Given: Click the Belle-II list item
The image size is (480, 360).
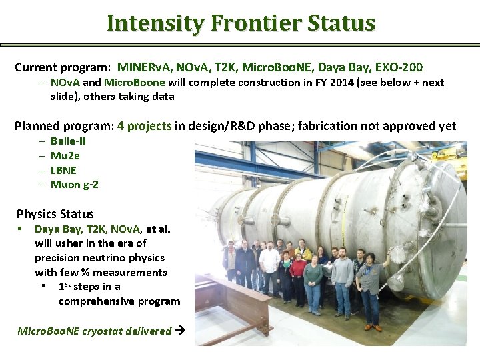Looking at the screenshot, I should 68,141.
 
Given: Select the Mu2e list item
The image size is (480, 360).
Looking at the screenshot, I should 65,155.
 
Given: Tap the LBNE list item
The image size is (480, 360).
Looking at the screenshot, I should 63,170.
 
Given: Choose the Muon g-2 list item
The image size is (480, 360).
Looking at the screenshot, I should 74,184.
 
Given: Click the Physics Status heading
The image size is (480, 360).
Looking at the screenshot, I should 55,214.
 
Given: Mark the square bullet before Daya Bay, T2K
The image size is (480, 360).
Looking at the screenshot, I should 21,229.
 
